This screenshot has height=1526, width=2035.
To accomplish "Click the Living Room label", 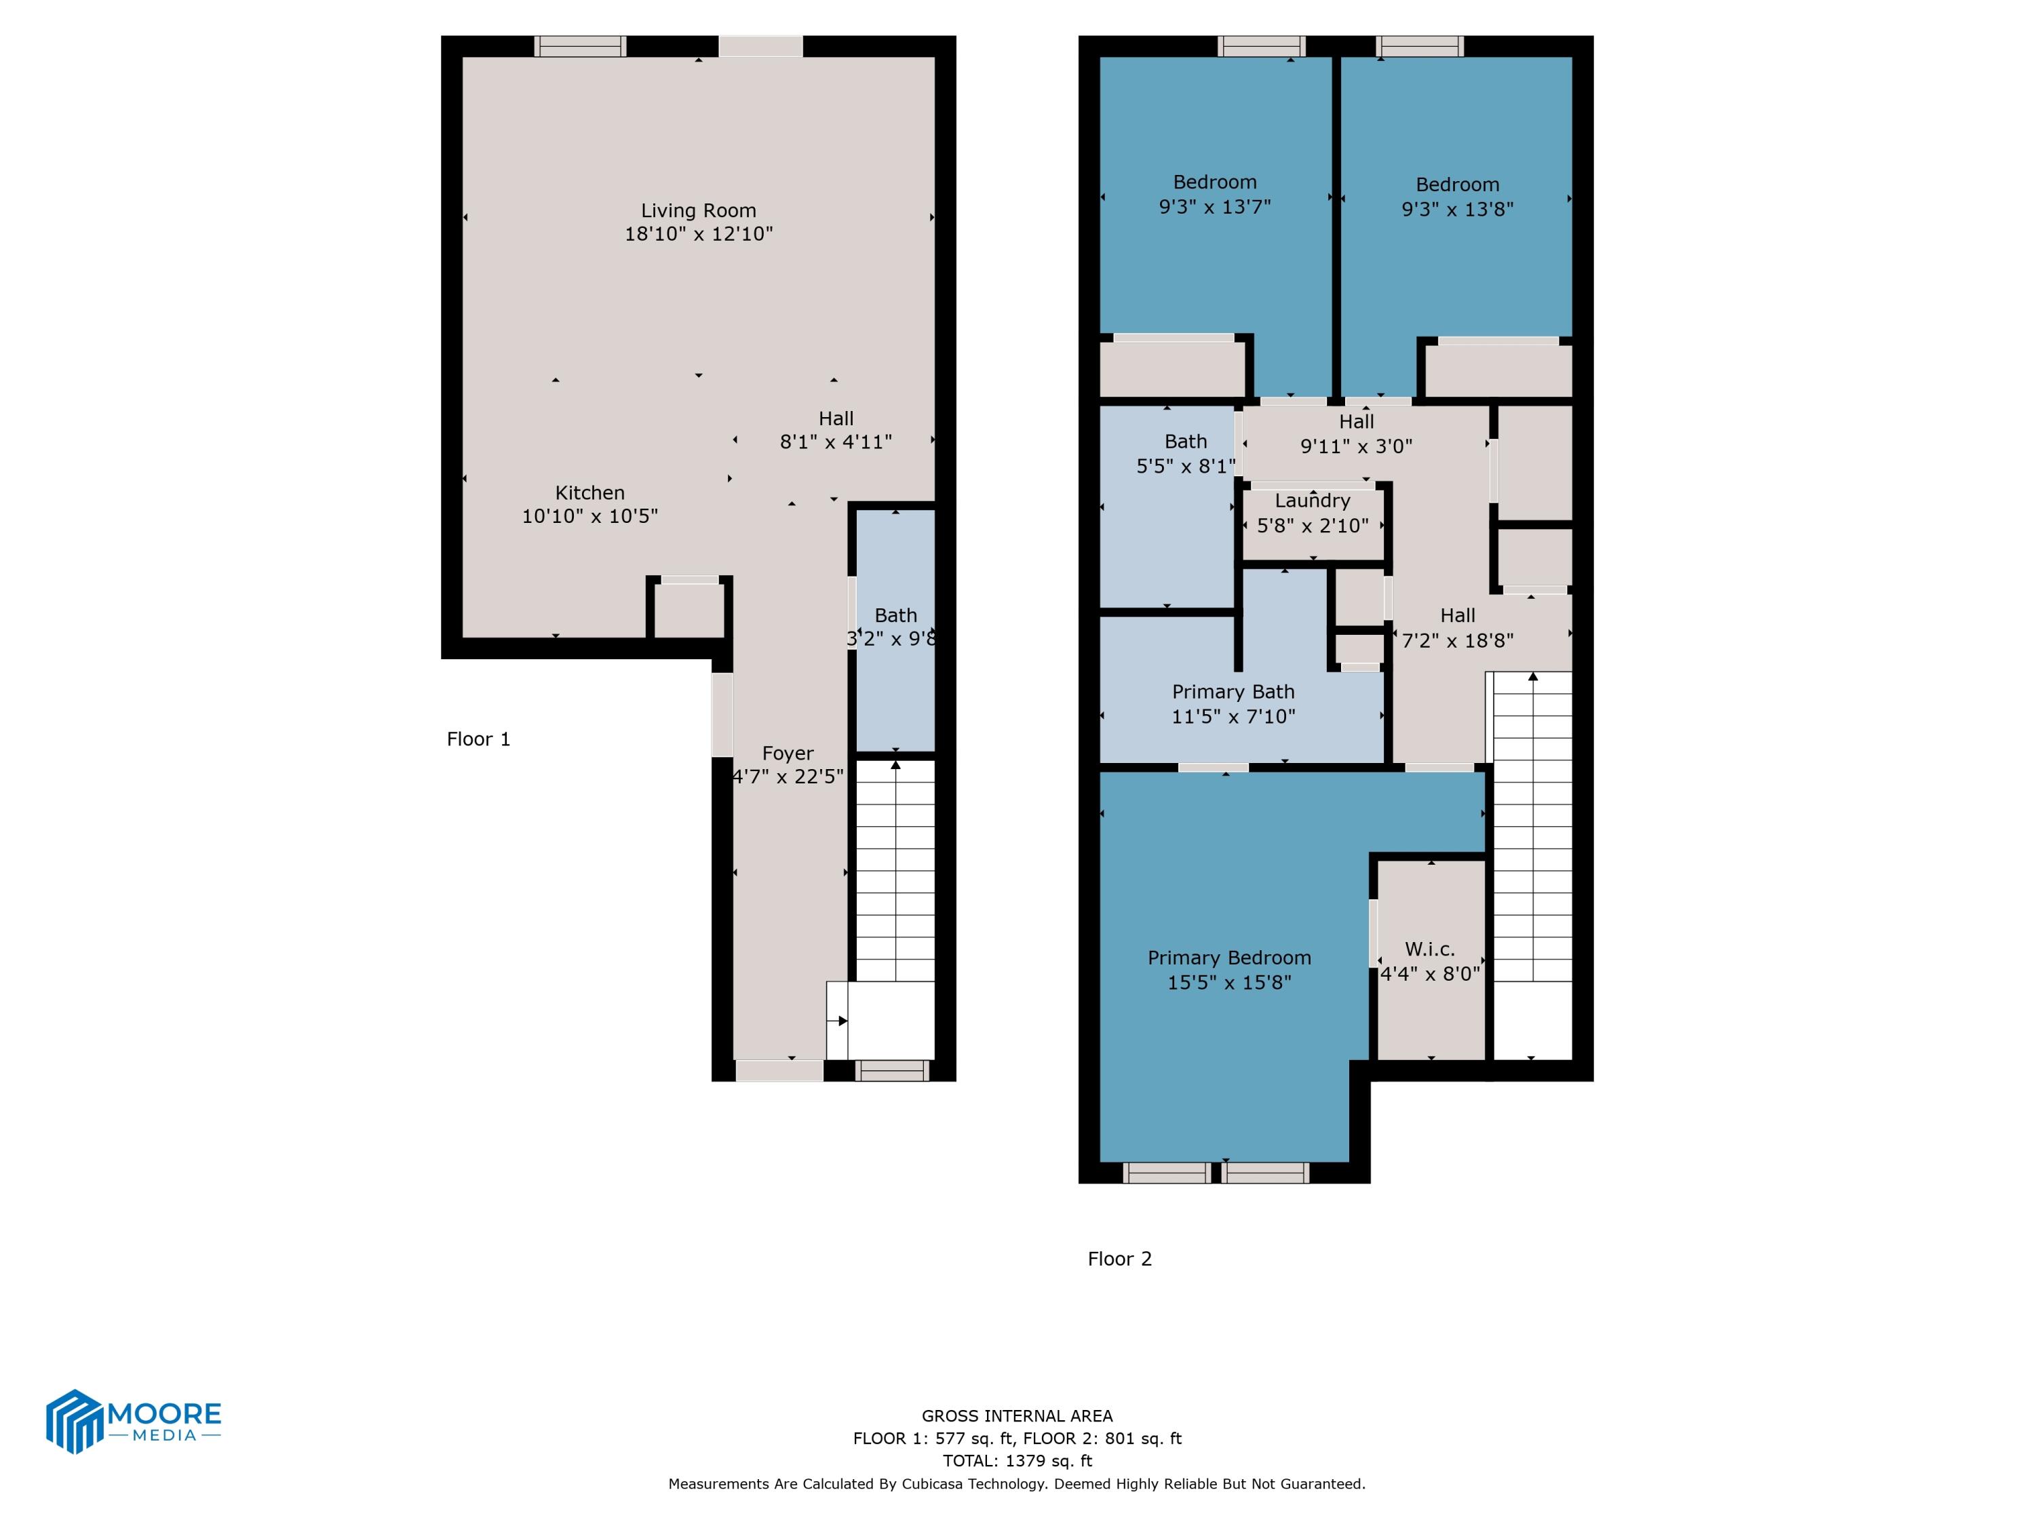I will click(698, 211).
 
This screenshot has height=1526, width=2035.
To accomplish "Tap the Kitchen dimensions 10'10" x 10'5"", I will click(589, 516).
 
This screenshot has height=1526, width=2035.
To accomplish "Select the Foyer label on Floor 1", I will click(788, 754).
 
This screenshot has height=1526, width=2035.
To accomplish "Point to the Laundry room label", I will click(1312, 501).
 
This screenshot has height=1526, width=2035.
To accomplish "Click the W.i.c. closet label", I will click(1430, 950).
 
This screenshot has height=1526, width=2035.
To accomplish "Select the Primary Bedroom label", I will click(1229, 958).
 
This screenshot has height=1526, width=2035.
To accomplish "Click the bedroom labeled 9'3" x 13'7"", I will click(1214, 194).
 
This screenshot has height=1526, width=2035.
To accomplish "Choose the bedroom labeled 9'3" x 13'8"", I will click(1457, 197).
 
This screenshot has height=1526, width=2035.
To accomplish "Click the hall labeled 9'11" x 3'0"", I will click(1356, 433).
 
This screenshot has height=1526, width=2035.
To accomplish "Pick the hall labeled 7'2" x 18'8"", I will click(1457, 627).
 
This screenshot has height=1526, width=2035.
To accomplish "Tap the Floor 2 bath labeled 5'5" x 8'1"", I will click(1185, 454).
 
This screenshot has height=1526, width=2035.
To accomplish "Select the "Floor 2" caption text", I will click(1120, 1259).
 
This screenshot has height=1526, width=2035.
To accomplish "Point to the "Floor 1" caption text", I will click(478, 739).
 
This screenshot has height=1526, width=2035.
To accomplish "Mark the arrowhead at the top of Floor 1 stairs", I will click(896, 764).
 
